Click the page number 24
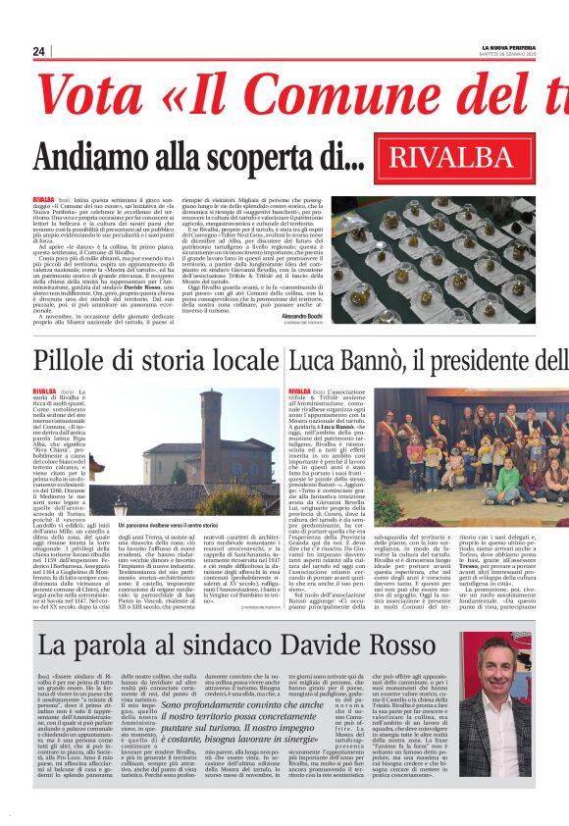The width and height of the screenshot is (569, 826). [38, 51]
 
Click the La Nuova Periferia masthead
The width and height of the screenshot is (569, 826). [508, 47]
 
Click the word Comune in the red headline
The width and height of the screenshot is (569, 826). [392, 96]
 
